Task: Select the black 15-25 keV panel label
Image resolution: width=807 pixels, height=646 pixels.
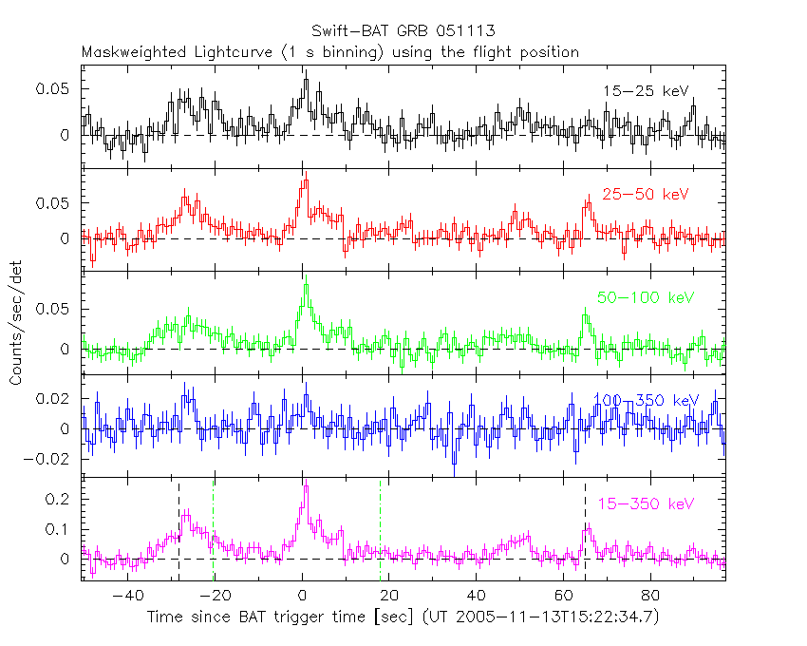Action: [645, 91]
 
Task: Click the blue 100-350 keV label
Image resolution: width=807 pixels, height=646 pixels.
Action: [645, 401]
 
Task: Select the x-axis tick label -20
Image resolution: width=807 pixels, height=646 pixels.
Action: [214, 597]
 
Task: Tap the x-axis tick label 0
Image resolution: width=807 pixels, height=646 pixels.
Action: [302, 597]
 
